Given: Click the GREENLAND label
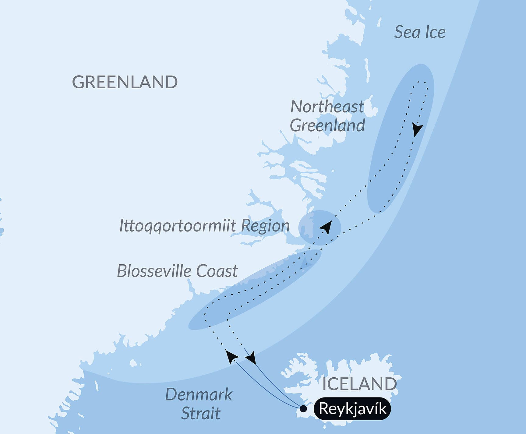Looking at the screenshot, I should point(125,82).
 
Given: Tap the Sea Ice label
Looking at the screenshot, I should point(420,32).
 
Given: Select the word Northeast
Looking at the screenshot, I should point(327,107).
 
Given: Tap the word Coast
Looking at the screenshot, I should point(217,271).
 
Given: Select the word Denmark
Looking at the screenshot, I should point(199,395).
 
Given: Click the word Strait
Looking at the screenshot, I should point(201,413).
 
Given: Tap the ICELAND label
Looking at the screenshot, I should point(359,384).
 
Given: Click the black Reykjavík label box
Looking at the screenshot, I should point(353,409).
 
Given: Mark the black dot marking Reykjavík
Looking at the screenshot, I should point(303,409).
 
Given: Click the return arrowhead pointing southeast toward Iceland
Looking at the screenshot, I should point(252,358).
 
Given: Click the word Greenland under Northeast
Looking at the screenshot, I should point(327,125).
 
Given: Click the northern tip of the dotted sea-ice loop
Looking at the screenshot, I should point(422,82).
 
